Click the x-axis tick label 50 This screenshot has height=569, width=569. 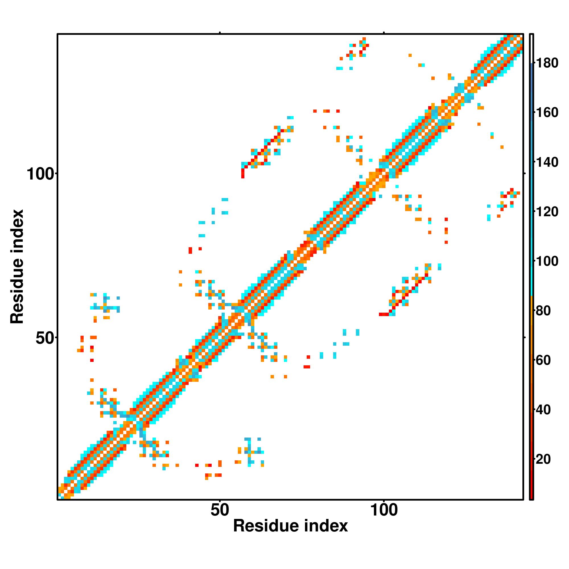tap(220, 510)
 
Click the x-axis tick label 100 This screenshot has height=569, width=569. tap(384, 510)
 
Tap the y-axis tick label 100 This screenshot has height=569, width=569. tap(41, 174)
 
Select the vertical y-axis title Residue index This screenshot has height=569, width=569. tap(17, 267)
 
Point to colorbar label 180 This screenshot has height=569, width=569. tap(547, 63)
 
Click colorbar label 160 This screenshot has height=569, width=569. tap(547, 112)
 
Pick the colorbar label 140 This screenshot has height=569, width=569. tap(547, 162)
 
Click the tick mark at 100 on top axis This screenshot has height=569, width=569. tap(384, 33)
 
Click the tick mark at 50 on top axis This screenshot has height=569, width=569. tap(220, 33)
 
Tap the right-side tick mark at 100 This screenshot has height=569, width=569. tap(524, 174)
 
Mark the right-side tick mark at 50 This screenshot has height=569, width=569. tap(524, 337)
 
